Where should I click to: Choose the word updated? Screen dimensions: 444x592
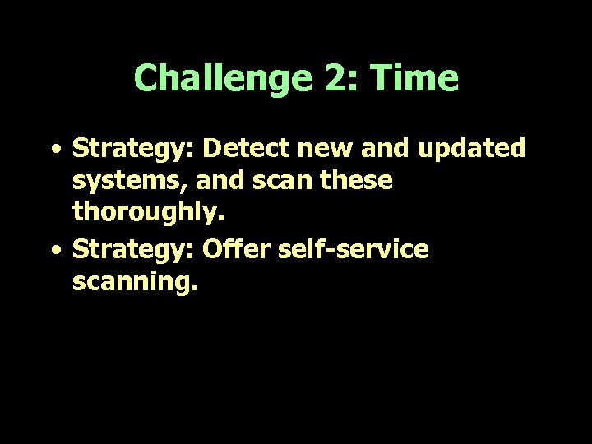(x=481, y=149)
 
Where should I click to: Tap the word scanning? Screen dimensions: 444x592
(x=136, y=283)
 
